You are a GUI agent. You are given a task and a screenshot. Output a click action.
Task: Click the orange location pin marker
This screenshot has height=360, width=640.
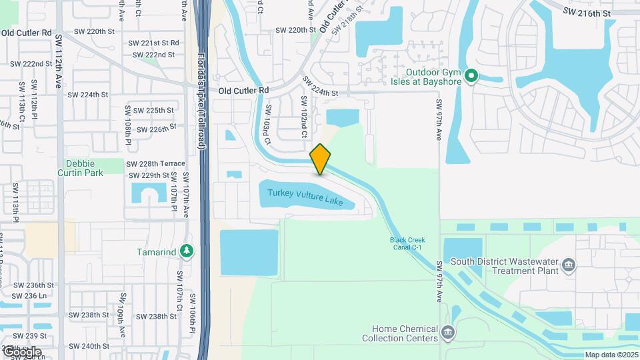tap(321, 159)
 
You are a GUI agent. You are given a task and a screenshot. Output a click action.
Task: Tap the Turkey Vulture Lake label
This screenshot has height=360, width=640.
tap(305, 197)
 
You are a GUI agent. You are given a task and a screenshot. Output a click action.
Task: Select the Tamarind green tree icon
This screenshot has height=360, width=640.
tap(188, 251)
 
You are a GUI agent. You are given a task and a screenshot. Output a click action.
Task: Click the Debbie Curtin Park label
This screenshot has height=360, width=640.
tap(85, 168)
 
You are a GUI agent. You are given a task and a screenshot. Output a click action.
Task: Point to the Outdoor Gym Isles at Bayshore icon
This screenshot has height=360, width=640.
tap(471, 76)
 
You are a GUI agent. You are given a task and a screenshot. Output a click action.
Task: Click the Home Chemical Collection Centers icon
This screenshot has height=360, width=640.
tap(448, 331)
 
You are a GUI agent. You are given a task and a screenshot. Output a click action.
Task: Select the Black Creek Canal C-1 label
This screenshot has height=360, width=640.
tap(407, 243)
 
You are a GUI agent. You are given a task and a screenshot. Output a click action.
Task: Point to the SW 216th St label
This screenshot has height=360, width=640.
tap(587, 12)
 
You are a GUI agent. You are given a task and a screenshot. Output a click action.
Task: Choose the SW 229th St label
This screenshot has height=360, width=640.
tap(148, 175)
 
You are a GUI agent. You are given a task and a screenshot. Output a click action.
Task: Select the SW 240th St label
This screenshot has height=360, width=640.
tap(90, 346)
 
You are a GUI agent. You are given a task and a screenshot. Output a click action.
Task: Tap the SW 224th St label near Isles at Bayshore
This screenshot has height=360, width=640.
tap(321, 86)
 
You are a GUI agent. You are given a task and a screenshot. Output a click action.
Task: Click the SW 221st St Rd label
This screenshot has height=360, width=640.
tap(155, 43)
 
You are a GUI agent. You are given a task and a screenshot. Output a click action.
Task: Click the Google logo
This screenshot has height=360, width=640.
tap(21, 351)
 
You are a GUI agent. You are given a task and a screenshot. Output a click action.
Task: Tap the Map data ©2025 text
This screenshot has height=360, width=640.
tap(611, 355)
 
